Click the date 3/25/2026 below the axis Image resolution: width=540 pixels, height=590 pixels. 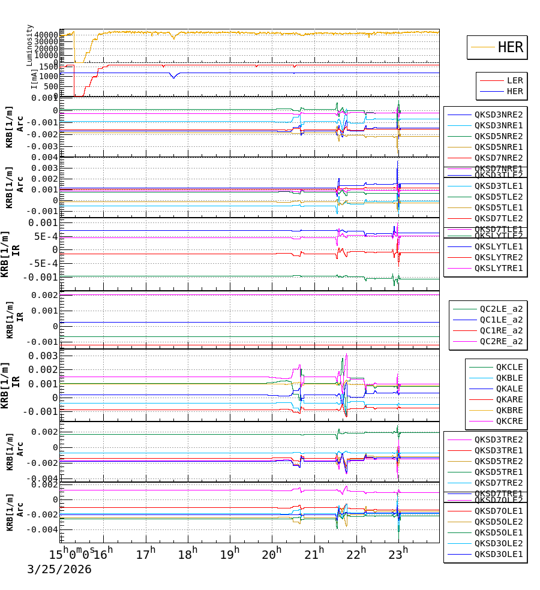pyautogui.click(x=59, y=570)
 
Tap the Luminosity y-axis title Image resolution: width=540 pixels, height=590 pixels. pyautogui.click(x=30, y=44)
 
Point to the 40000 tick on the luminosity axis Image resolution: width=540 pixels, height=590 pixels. pyautogui.click(x=46, y=35)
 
